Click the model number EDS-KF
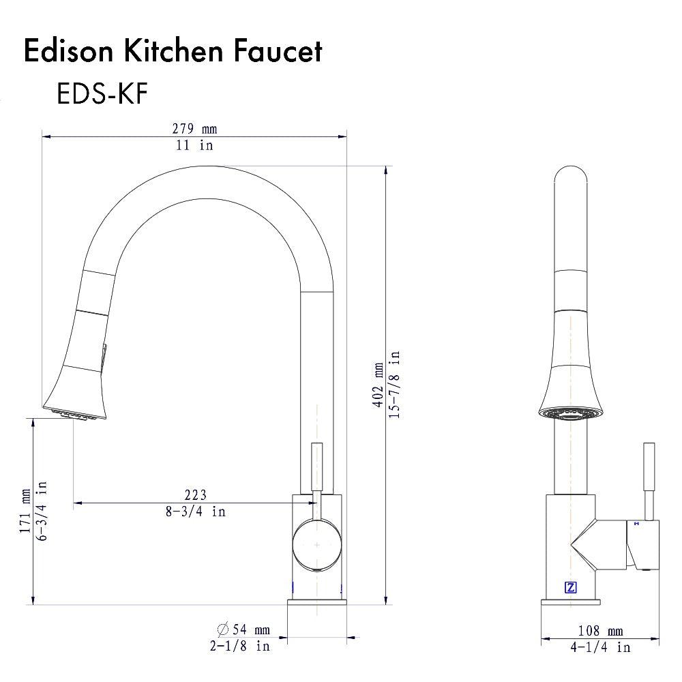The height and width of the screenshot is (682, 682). [x=102, y=94]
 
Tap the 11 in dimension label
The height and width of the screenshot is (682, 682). [x=194, y=145]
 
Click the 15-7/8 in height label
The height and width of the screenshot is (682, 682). [x=395, y=385]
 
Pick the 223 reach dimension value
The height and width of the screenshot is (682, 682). [x=195, y=494]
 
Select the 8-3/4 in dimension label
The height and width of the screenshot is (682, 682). [x=195, y=511]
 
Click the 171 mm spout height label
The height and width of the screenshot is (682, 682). [x=26, y=511]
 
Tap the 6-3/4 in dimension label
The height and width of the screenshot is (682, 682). [x=42, y=511]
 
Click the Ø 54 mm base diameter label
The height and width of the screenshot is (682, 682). [x=243, y=629]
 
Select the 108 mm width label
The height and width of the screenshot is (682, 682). [x=600, y=632]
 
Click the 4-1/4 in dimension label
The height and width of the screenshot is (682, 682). [x=600, y=647]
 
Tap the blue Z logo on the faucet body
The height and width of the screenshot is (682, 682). [x=570, y=587]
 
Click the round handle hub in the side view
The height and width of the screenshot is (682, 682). [x=317, y=546]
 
